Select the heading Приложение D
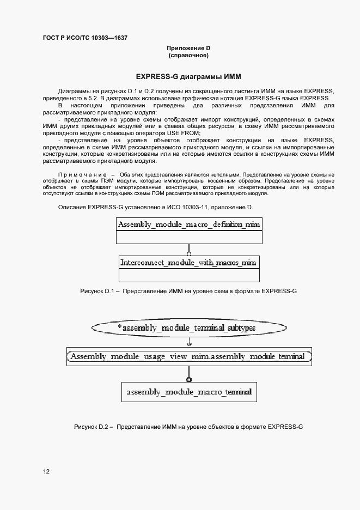pos(188,48)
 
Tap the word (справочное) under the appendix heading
pos(188,56)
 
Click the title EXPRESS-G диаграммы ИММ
pos(188,77)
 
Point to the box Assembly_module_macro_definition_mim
pos(188,224)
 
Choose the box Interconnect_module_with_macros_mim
pos(188,263)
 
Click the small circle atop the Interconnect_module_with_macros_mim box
pos(188,253)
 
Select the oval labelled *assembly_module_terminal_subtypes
pos(188,327)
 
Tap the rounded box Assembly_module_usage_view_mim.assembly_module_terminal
pos(188,356)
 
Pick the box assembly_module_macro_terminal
pos(188,392)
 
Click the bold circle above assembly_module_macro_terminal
pos(188,379)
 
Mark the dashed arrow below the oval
pos(188,342)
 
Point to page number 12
pos(46,471)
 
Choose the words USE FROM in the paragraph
pos(186,133)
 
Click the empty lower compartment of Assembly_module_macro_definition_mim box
pos(188,238)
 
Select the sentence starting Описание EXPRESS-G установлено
pos(155,207)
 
